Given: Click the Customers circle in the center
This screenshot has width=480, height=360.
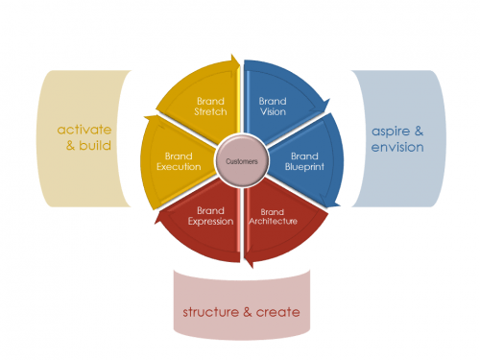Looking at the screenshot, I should tap(240, 161).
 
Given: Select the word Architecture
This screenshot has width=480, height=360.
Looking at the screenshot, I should tap(272, 221).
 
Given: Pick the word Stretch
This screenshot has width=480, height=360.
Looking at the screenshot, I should tap(211, 111).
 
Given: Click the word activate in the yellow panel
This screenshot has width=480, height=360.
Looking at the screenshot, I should tap(84, 129).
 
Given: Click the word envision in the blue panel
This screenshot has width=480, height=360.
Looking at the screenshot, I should tap(397, 148).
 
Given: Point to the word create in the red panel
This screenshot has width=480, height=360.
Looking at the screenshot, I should tap(277, 313).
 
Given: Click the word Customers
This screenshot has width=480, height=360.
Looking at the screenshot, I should tap(240, 161).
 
